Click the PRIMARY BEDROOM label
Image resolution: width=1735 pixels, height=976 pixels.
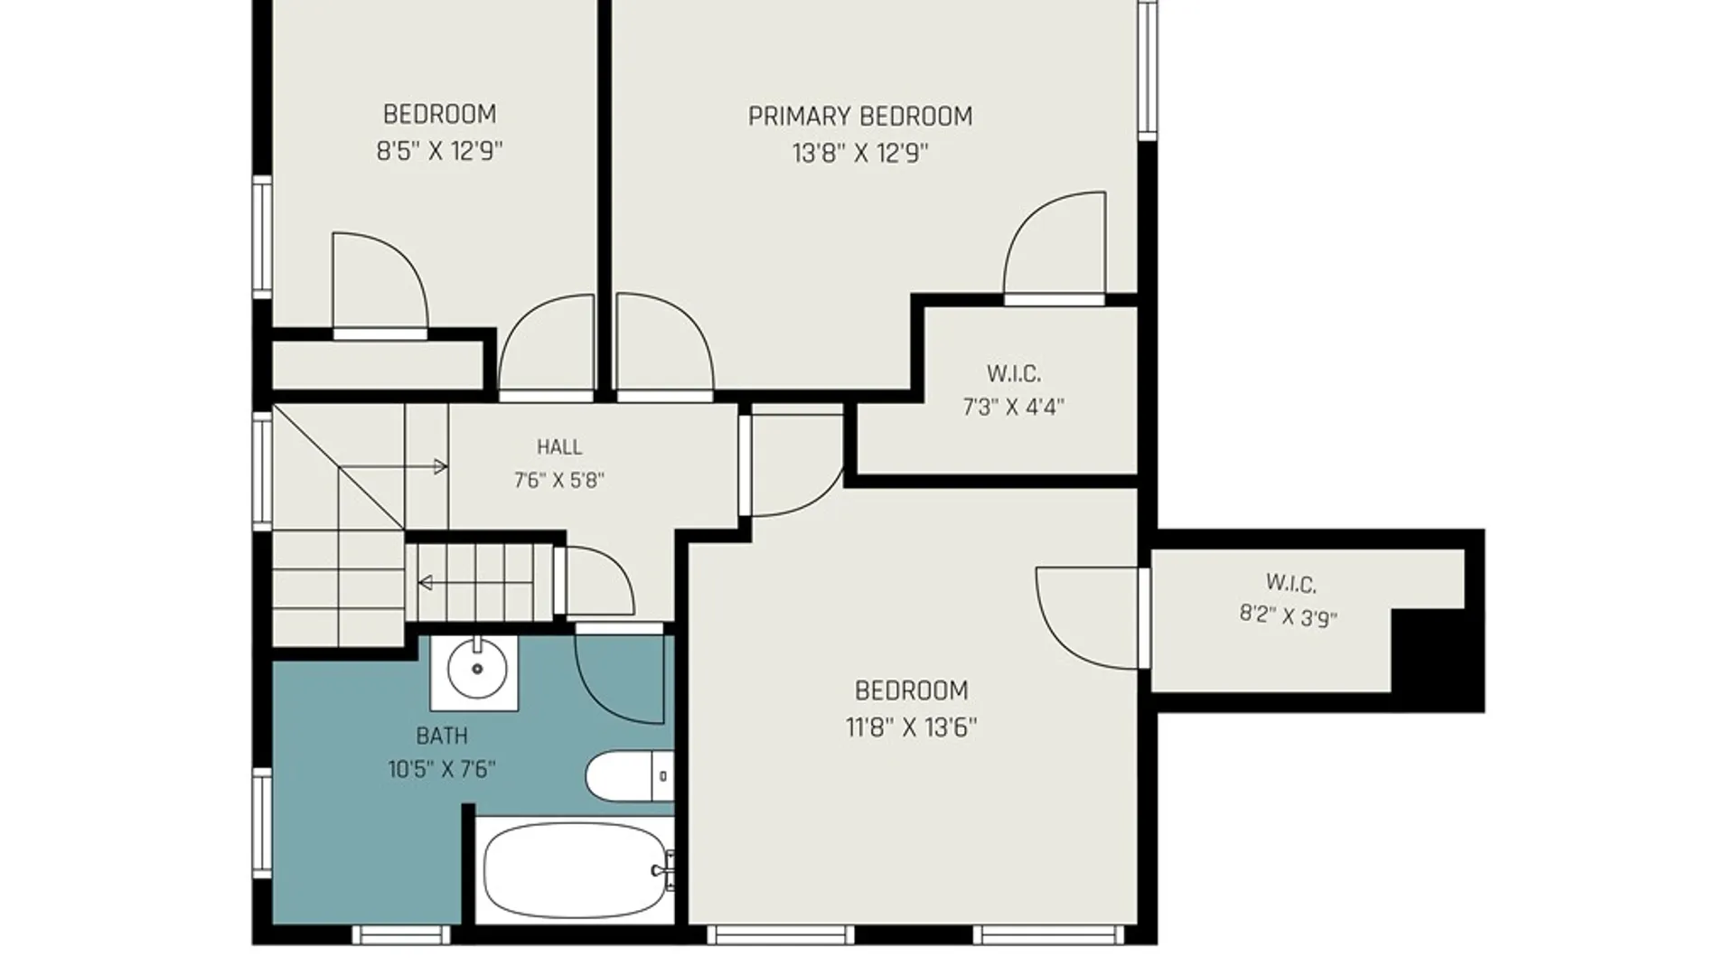pos(860,117)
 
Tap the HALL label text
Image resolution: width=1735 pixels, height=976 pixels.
pos(559,446)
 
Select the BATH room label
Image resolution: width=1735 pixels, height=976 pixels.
pos(442,736)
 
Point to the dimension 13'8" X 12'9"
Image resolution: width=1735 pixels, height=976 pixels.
pos(860,153)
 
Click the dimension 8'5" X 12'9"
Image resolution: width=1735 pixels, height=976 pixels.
pos(439,150)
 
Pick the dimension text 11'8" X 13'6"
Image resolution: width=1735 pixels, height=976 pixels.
pos(911,727)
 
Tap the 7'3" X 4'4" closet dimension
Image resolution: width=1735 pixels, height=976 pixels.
pos(1013,407)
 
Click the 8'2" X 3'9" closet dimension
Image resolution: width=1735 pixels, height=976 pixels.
pos(1289,616)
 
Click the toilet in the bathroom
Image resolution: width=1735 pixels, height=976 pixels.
pos(630,775)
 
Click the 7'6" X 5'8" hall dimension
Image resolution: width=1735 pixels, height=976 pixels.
pos(559,480)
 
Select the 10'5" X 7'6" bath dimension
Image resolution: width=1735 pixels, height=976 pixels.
pos(442,770)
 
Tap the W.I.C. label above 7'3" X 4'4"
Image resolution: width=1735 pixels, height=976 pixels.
pos(1014,373)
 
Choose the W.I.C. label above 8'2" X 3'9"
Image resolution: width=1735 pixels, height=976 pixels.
pos(1290,583)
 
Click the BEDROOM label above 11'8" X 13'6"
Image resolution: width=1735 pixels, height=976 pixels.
pos(911,690)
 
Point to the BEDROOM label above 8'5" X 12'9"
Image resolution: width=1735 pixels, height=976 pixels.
pos(439,115)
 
